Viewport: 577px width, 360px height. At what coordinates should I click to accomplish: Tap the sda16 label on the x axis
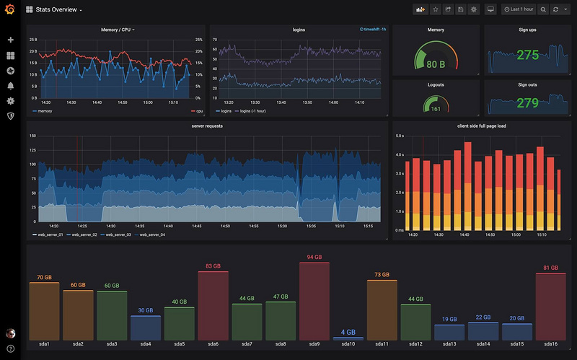tap(550, 344)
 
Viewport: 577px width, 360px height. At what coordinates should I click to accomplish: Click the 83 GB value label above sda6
tap(213, 266)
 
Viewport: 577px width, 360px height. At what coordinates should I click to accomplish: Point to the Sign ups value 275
tap(527, 56)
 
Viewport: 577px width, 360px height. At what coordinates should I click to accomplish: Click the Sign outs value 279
tap(527, 103)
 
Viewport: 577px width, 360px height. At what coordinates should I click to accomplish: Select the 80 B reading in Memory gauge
tap(436, 64)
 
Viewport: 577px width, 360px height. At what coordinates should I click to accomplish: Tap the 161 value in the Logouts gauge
tap(436, 110)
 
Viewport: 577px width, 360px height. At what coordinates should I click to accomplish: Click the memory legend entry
tap(44, 112)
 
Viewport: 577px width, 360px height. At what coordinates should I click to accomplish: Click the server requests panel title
tap(207, 126)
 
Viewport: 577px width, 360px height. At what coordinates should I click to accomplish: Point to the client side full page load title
tap(483, 126)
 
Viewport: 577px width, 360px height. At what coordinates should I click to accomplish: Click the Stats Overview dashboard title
tap(58, 10)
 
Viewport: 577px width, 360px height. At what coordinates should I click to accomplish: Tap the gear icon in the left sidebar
tap(10, 101)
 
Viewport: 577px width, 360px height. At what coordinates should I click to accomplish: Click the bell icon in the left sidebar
tap(10, 86)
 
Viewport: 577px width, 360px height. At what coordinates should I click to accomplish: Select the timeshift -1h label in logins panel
tap(373, 30)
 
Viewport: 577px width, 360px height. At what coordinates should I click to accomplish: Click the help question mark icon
tap(10, 348)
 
